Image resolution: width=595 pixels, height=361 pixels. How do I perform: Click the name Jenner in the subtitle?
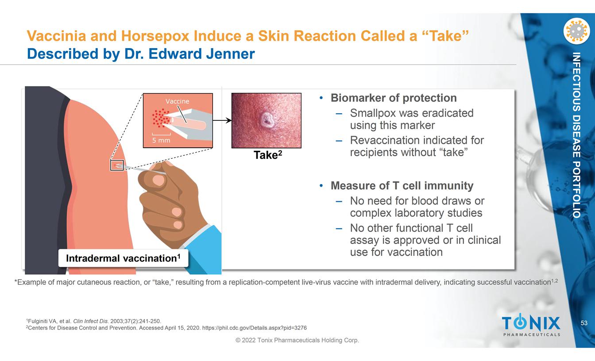point(230,54)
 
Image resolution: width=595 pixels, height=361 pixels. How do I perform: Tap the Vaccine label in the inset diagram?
point(177,101)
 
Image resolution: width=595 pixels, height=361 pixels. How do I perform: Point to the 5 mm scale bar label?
point(161,140)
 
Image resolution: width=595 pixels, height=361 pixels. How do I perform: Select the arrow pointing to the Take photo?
point(222,120)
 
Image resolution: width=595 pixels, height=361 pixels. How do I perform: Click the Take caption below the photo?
point(268,155)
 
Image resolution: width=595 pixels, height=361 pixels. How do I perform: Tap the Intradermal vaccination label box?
point(123,258)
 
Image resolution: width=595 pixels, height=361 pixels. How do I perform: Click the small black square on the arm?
point(117,165)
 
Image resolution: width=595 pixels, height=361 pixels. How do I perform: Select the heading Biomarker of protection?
point(394,98)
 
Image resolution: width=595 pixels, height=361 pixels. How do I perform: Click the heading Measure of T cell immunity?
point(402,185)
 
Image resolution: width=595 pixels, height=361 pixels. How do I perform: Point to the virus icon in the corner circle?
point(577,31)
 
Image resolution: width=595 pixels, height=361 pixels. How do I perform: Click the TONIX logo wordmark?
point(531,323)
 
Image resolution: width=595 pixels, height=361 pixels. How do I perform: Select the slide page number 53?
point(584,323)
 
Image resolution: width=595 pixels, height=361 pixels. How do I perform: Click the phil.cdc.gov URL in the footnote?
point(255,328)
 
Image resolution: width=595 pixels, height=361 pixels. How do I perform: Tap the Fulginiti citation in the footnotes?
point(94,321)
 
